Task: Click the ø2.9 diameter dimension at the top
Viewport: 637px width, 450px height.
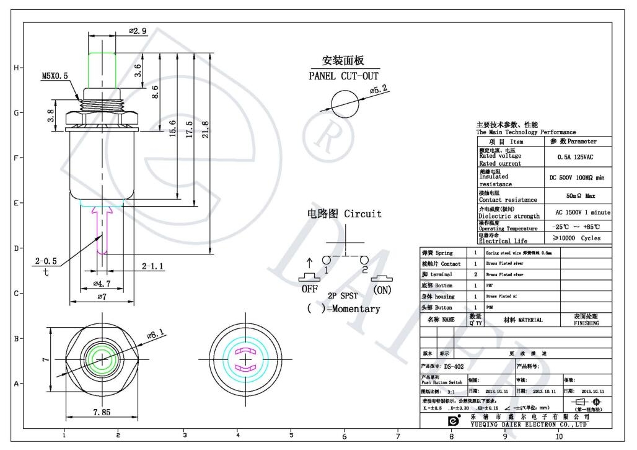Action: (x=138, y=30)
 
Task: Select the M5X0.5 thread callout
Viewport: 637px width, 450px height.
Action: (x=55, y=76)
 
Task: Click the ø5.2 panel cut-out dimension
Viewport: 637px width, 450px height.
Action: (x=379, y=90)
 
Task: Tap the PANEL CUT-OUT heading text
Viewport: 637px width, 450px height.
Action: (x=343, y=76)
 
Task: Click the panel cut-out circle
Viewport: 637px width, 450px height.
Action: (x=344, y=102)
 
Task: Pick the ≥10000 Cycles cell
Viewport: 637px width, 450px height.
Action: (x=576, y=238)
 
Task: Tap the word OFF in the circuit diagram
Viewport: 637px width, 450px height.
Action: (x=309, y=289)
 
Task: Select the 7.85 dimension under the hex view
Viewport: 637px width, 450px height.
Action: (x=101, y=412)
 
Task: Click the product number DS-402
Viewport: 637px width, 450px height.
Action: (x=454, y=366)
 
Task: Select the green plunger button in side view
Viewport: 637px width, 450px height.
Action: (x=102, y=70)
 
